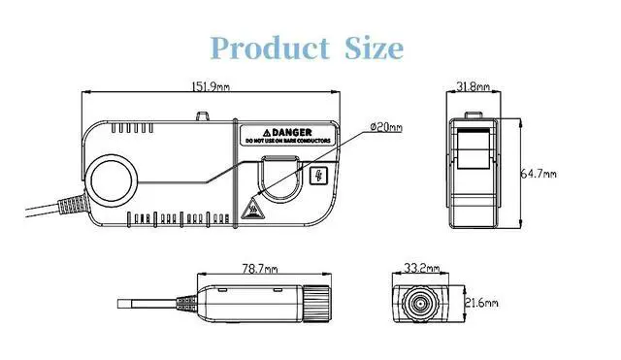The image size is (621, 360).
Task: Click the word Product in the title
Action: pos(270,49)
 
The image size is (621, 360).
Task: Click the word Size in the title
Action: pos(374,49)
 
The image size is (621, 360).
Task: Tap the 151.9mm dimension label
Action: pos(211,86)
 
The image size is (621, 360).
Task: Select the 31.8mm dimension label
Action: pos(473,86)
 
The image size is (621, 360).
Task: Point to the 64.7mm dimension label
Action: pos(538,174)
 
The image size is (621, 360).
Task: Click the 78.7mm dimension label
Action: pos(260,269)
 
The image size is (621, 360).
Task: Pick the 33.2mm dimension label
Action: pos(421,268)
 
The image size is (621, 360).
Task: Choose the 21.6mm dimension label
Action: pos(481,304)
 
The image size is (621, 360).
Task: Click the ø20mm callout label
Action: pos(386,127)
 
